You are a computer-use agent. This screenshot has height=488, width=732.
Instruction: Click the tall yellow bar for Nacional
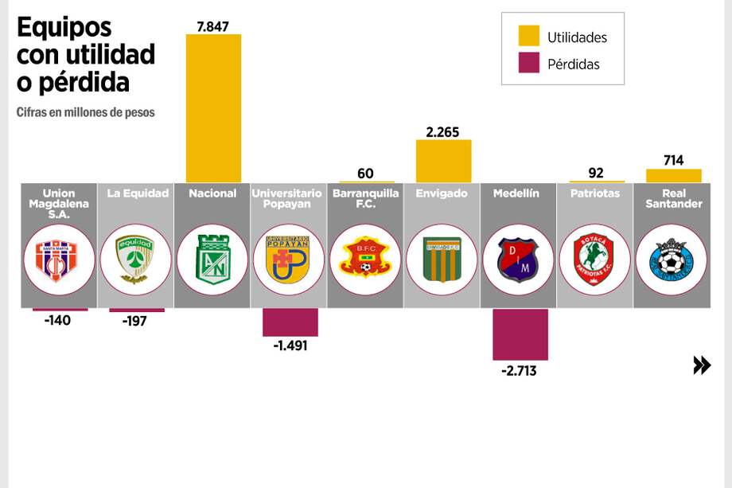213,108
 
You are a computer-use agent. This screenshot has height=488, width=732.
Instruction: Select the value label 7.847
212,26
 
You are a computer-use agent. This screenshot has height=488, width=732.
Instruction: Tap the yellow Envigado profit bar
443,161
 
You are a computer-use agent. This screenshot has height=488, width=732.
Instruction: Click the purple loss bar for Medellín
520,334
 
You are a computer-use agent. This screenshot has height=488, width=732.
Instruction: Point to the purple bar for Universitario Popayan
290,322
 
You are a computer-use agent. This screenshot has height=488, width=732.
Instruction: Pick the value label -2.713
519,370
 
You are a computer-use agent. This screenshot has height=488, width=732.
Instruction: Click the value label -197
136,321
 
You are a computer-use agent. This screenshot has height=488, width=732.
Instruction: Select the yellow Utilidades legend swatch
528,37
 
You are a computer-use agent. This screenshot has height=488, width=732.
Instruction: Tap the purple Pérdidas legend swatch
528,64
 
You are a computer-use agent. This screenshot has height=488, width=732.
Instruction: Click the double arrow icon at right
701,365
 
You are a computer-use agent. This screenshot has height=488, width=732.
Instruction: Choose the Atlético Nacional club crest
212,260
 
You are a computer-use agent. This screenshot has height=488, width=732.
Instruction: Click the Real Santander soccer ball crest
672,260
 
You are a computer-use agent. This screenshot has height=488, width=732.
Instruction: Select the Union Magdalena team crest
59,260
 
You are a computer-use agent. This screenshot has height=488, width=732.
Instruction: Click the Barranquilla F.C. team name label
365,198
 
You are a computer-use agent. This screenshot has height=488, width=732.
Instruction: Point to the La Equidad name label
136,193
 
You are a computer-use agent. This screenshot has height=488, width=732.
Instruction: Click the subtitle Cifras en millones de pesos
85,112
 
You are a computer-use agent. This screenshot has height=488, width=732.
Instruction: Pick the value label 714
673,160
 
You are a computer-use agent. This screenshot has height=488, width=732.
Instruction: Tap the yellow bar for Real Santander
673,175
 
